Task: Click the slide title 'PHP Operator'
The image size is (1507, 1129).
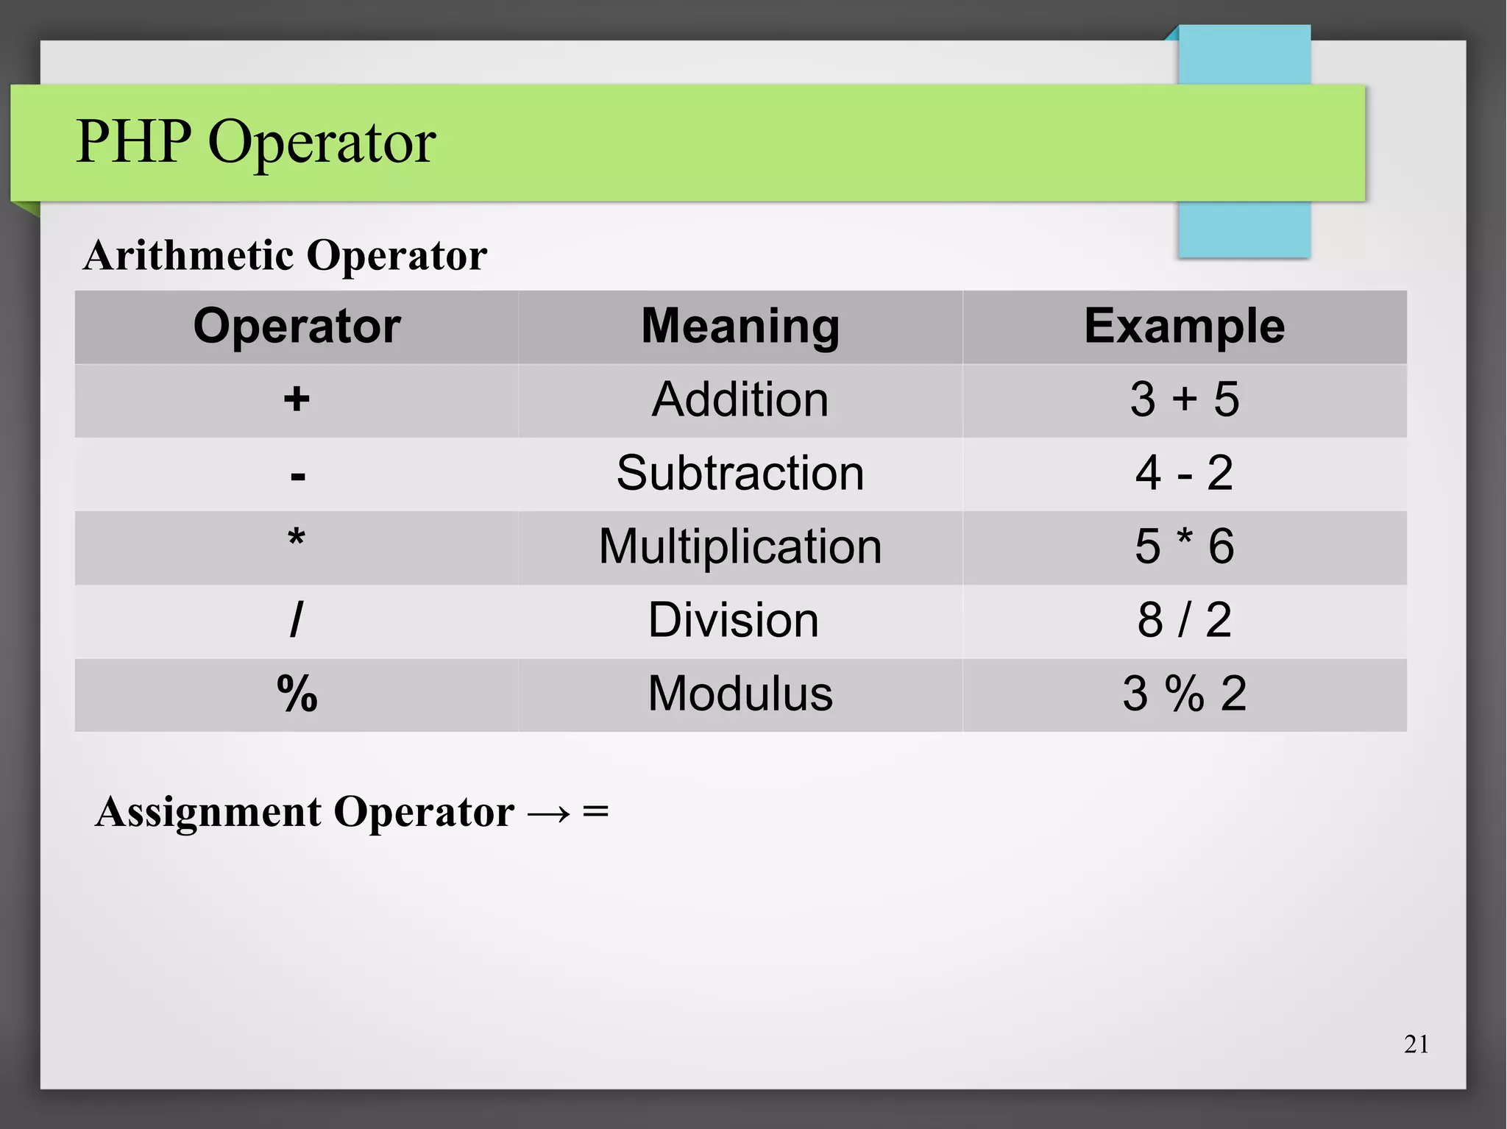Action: [x=256, y=142]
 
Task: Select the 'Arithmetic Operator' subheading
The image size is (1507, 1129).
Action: [x=285, y=256]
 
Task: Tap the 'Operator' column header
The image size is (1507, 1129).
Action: [x=297, y=326]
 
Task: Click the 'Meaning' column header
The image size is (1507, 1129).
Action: [x=740, y=326]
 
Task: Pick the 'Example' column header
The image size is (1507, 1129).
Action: [x=1184, y=326]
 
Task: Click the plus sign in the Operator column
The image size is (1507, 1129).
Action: [x=297, y=399]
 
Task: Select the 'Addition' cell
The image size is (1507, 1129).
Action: [x=740, y=399]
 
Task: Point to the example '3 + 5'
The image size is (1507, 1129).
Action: [x=1184, y=399]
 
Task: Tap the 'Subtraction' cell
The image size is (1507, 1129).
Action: [x=740, y=473]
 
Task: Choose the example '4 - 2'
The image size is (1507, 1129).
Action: [x=1184, y=473]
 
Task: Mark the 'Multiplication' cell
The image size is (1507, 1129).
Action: [x=740, y=546]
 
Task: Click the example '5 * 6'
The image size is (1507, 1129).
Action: [x=1184, y=546]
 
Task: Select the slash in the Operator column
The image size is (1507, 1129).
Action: [x=297, y=620]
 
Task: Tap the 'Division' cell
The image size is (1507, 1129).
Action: [x=733, y=620]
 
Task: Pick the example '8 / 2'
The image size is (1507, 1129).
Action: [x=1184, y=620]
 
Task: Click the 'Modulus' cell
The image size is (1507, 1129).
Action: [x=740, y=694]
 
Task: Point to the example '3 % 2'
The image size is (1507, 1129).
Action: [x=1184, y=694]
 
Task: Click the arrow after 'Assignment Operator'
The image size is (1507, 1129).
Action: [x=549, y=813]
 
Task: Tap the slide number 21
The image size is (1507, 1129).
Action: [x=1416, y=1044]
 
